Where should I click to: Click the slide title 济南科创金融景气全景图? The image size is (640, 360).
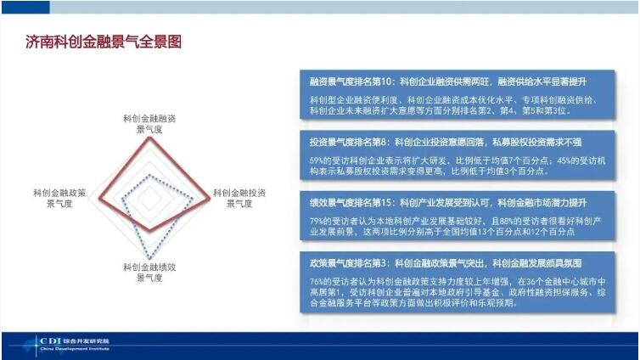104,42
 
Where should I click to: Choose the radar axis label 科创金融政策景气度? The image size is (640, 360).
59,198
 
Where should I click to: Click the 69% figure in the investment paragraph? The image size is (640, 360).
318,159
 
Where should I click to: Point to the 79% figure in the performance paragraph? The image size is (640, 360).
318,221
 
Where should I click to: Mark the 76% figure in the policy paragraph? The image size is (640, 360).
318,281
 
